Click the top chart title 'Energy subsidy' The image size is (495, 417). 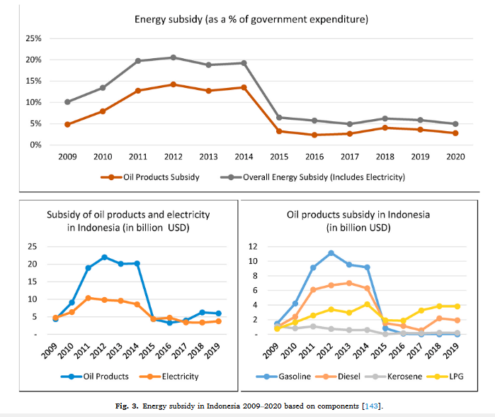pos(251,18)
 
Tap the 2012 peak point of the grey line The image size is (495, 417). pos(173,57)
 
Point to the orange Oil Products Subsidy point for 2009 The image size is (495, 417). pos(67,124)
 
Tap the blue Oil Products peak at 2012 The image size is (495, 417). pos(105,257)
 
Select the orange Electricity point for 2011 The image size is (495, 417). pos(87,298)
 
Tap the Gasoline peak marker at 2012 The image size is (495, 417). pos(331,253)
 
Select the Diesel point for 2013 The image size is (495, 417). pos(348,283)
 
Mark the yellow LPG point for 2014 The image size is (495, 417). pos(367,304)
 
